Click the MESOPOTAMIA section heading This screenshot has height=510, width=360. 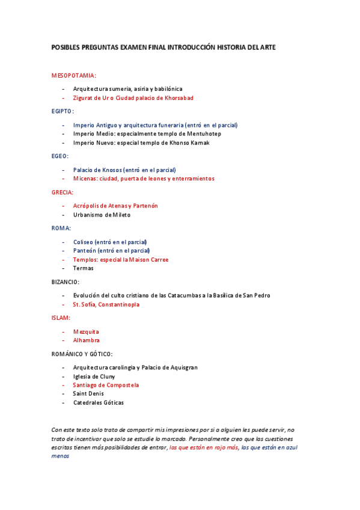tap(73, 76)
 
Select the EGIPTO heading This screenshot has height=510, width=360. tap(63, 111)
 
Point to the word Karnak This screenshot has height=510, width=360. tap(198, 143)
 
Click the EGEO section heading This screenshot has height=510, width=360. tap(60, 156)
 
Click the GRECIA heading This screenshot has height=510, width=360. tap(63, 192)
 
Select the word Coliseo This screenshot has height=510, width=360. tap(85, 242)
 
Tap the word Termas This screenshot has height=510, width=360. tap(83, 268)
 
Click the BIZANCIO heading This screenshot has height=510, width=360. tap(66, 281)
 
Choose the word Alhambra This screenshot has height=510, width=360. tap(86, 340)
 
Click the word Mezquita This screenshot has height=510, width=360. tap(86, 331)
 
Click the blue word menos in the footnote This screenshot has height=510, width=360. tap(61, 455)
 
